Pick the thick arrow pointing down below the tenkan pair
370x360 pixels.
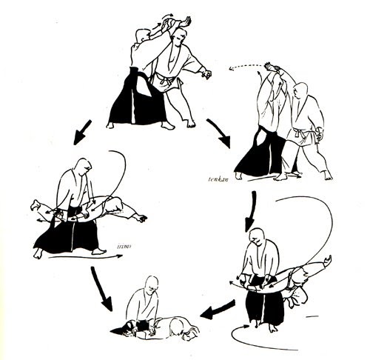pos(252,205)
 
